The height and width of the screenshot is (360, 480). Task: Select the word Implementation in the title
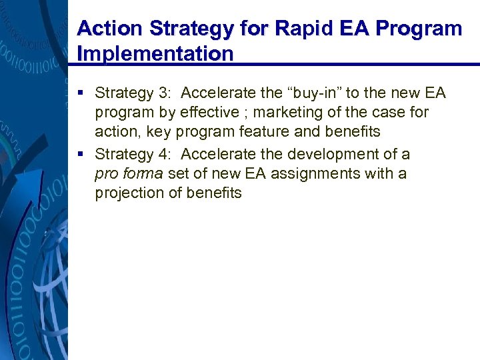155,53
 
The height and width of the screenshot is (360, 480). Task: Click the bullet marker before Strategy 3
81,93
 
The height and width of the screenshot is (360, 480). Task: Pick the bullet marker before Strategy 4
81,155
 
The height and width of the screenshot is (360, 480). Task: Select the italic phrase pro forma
129,174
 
